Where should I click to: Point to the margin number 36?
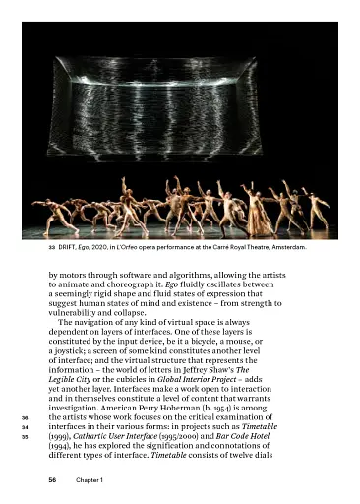point(25,418)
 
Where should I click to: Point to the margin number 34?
point(25,428)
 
